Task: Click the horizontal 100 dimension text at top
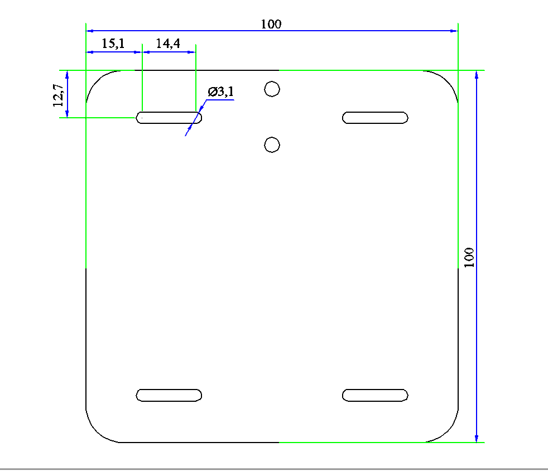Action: tap(271, 24)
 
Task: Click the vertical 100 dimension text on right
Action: tap(469, 257)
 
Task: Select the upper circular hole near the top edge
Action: tap(272, 89)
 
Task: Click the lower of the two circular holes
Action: tap(272, 145)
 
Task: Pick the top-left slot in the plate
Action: tap(169, 117)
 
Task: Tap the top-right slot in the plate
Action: tap(375, 117)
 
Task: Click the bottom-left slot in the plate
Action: tap(169, 395)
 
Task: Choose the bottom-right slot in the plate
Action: tap(375, 395)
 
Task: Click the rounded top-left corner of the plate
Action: tap(96, 81)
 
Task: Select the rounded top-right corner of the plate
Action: tap(448, 81)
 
